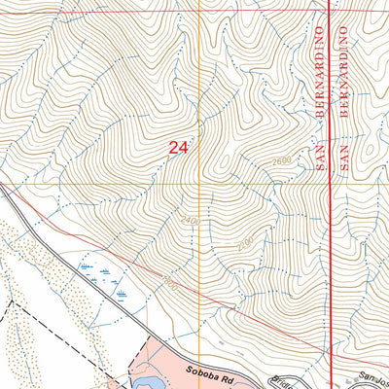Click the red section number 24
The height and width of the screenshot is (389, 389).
pos(177,148)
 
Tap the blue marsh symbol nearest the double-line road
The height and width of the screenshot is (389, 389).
pos(121,293)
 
